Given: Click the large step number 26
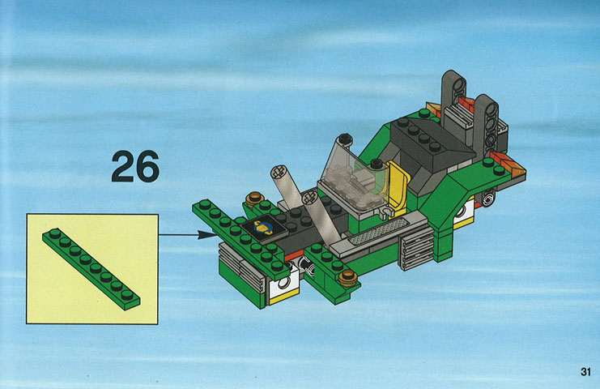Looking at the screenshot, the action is pyautogui.click(x=135, y=166).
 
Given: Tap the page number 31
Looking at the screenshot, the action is pyautogui.click(x=585, y=372).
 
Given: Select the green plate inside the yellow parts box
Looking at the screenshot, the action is pyautogui.click(x=91, y=269).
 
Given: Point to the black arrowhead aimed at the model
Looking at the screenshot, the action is pyautogui.click(x=206, y=234).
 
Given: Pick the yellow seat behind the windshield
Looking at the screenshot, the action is pyautogui.click(x=397, y=186).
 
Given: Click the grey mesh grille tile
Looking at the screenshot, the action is pyautogui.click(x=374, y=232).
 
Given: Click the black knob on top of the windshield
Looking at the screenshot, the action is pyautogui.click(x=345, y=139).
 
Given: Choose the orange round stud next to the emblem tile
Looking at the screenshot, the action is pyautogui.click(x=255, y=199).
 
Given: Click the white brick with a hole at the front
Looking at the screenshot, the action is pyautogui.click(x=283, y=284).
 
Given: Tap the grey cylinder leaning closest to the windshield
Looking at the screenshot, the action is pyautogui.click(x=321, y=218).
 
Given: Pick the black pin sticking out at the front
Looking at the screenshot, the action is pyautogui.click(x=307, y=265).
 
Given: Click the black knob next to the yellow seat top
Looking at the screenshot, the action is pyautogui.click(x=377, y=165).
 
